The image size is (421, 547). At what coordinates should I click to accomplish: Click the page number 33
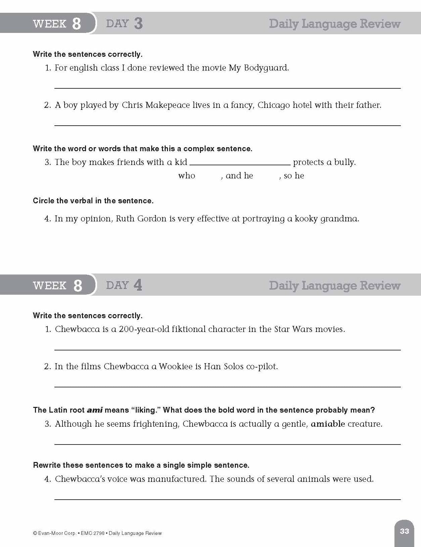tap(404, 531)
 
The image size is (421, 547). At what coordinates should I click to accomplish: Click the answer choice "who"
tap(186, 176)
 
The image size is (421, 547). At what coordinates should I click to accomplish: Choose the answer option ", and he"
tap(237, 176)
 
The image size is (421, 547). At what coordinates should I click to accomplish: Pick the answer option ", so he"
tap(292, 176)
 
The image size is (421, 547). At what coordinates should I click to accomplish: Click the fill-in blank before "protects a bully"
tap(240, 162)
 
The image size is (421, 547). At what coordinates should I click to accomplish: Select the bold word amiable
tap(328, 424)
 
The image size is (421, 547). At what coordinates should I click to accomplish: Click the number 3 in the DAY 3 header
tap(138, 24)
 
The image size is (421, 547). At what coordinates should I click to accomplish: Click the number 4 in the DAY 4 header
tap(138, 285)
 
